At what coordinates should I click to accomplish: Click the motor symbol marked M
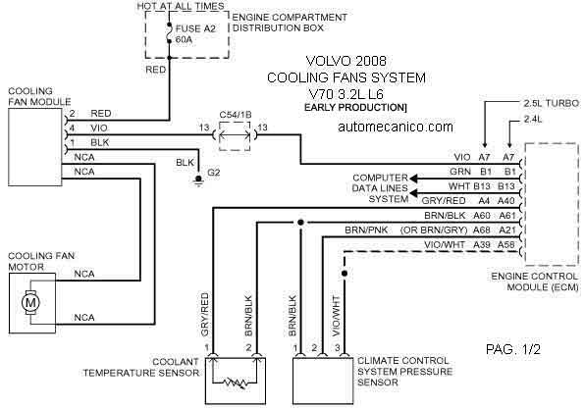[30, 302]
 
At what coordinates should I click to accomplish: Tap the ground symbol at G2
[198, 180]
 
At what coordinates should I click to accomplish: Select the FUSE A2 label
[195, 28]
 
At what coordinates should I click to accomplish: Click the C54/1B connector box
[235, 135]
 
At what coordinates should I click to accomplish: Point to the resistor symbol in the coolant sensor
[235, 383]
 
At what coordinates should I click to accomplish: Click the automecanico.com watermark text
[396, 127]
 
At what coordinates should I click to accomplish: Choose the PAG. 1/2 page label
[513, 349]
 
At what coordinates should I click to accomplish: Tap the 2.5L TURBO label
[552, 103]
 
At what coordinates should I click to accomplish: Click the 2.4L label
[533, 119]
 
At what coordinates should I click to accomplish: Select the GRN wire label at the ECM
[460, 172]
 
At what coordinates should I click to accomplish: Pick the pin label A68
[482, 230]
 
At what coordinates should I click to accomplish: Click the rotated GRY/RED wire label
[205, 315]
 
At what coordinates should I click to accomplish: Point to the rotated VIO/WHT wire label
[336, 317]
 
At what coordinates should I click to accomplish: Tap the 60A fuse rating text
[184, 39]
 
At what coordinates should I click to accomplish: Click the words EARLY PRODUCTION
[353, 107]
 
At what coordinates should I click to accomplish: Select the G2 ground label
[213, 173]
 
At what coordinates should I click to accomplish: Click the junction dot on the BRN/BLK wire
[300, 223]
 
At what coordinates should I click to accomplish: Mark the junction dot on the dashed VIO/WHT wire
[345, 274]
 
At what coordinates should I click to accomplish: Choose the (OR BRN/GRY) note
[434, 230]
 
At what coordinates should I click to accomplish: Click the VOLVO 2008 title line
[346, 61]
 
